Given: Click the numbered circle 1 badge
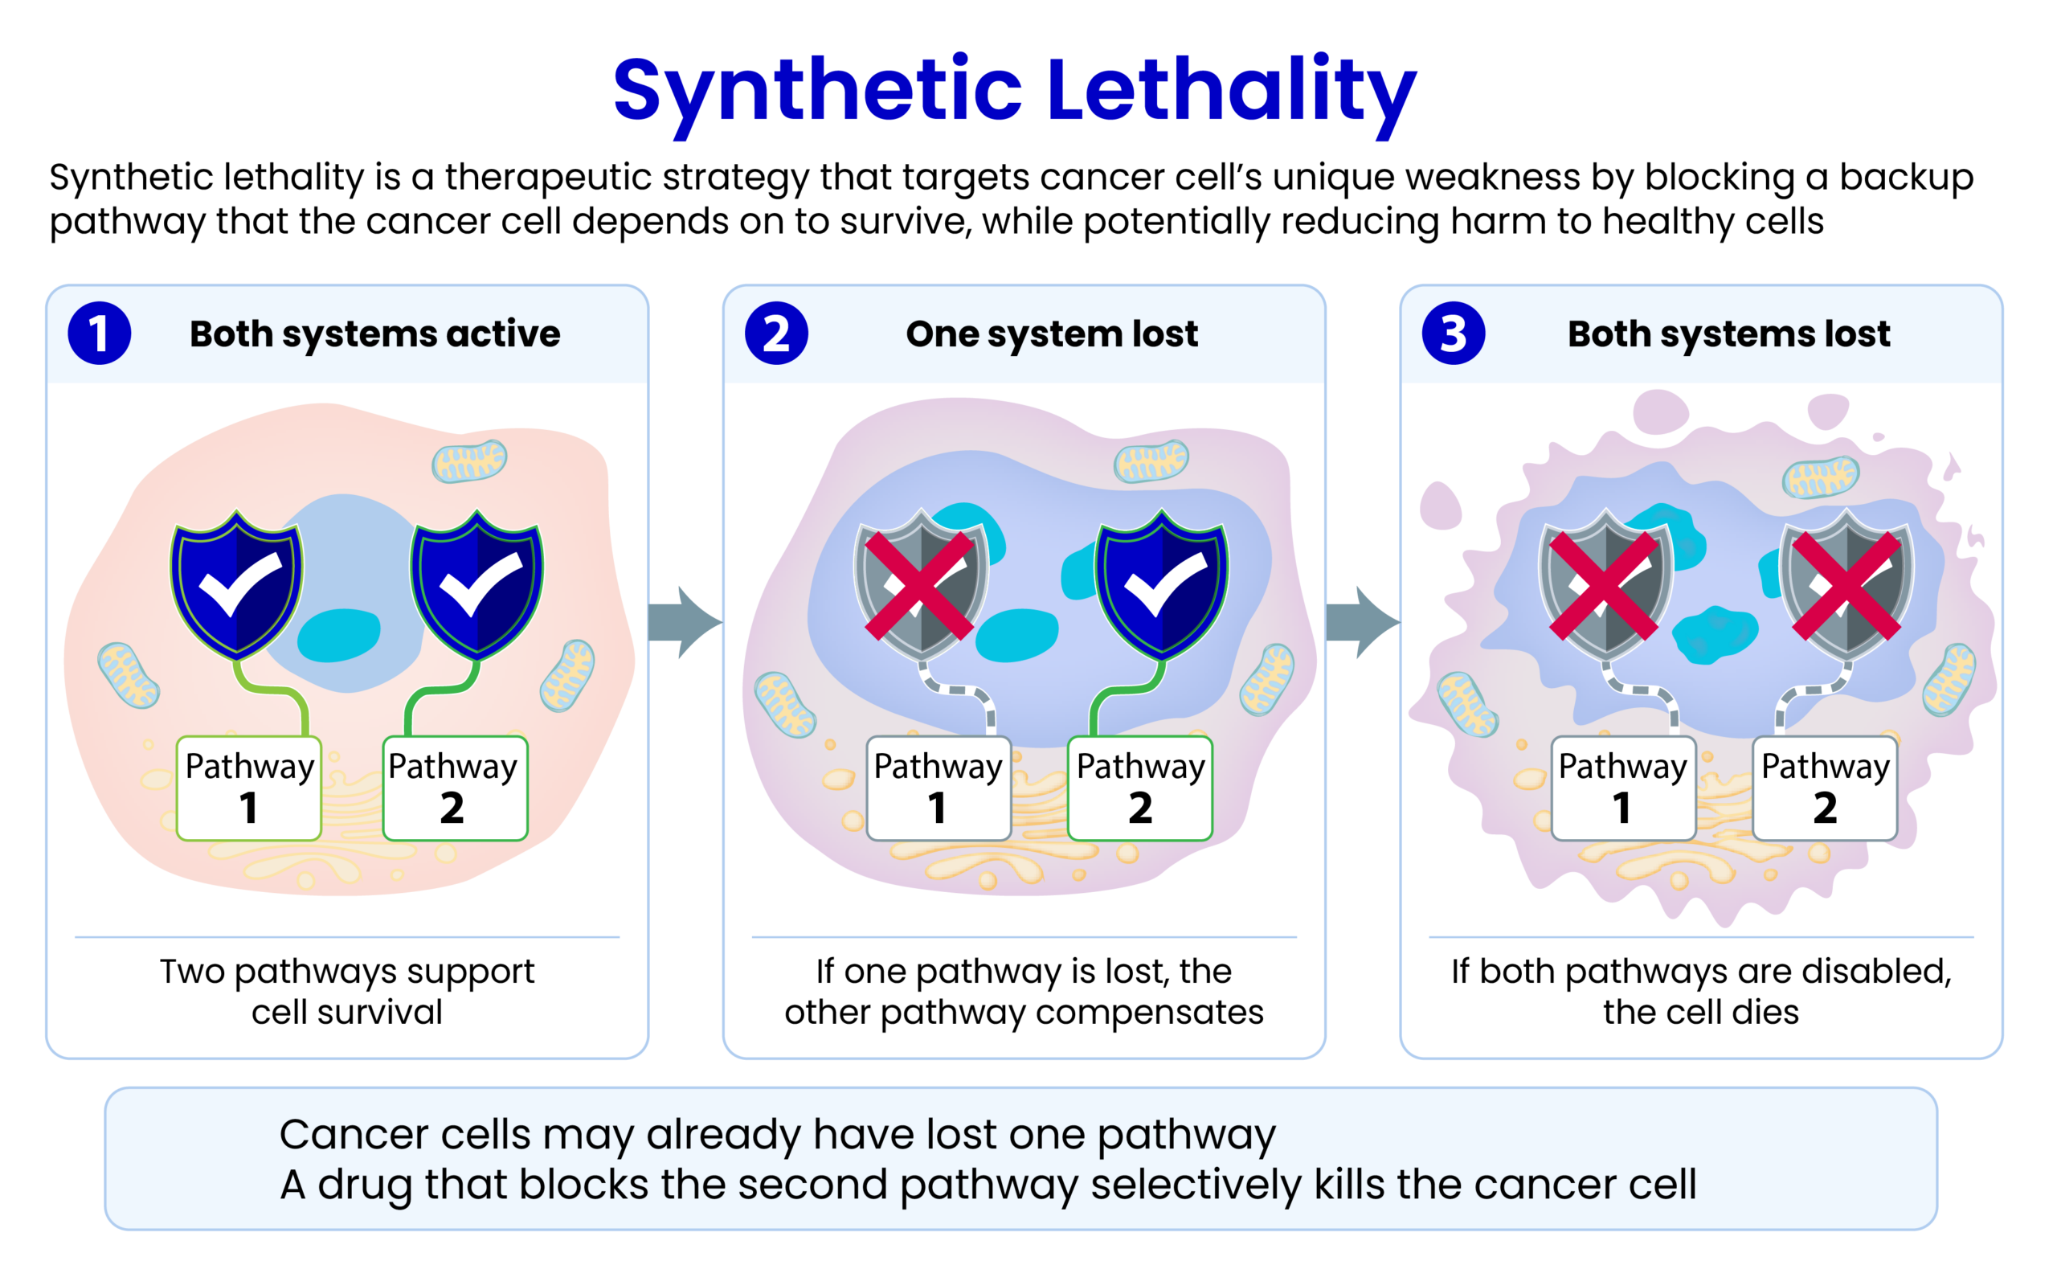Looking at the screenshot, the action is (100, 334).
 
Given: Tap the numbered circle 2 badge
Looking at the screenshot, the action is (776, 334).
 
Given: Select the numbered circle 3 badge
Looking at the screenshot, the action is (1454, 334).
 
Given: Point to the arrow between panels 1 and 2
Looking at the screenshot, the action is (685, 622).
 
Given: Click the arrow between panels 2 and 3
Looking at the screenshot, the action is (1363, 622).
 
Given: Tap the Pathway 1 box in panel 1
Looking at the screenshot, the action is (249, 788).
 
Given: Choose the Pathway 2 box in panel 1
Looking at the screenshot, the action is (455, 788).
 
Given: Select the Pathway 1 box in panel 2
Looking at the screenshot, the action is (939, 788).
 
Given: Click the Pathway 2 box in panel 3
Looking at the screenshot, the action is (1825, 788).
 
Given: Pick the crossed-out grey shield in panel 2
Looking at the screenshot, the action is (920, 584).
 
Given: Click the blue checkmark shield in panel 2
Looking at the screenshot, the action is (1161, 584).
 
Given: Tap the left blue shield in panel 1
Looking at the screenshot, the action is (237, 584).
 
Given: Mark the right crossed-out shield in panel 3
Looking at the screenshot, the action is (1846, 584).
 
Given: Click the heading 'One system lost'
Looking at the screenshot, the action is (1052, 334).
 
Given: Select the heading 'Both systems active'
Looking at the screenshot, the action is (374, 334).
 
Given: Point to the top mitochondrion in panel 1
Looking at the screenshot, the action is (469, 461).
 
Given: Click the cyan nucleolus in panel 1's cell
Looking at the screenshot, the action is (339, 635).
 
